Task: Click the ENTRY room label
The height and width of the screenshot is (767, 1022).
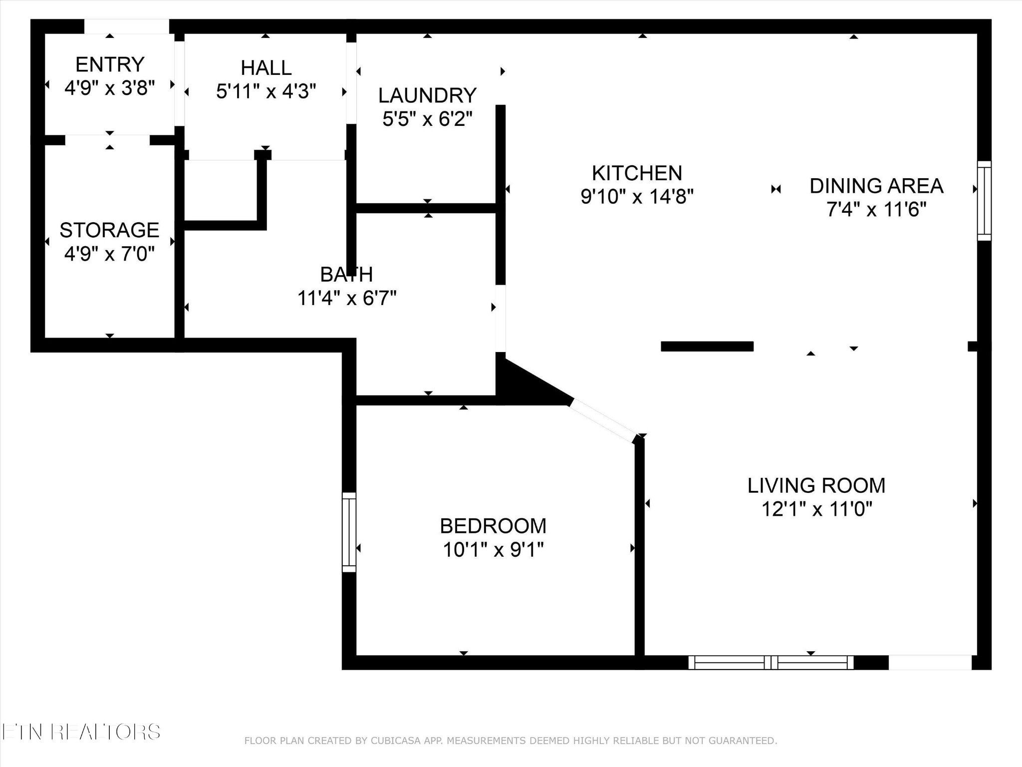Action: point(110,64)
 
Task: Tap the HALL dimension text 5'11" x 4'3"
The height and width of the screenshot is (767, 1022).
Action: point(266,91)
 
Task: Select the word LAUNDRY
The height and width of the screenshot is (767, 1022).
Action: point(427,95)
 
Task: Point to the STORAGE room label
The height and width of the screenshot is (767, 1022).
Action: point(109,230)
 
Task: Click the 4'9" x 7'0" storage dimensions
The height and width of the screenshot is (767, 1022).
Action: point(109,254)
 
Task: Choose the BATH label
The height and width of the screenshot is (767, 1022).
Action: point(346,274)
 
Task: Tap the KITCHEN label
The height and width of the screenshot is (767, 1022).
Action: point(637,173)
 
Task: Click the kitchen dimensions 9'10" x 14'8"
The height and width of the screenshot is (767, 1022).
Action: point(637,197)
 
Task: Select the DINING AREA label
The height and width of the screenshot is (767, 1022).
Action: point(876,186)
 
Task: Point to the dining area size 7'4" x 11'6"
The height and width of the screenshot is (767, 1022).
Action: point(876,210)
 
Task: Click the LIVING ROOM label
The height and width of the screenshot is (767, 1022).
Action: point(816,485)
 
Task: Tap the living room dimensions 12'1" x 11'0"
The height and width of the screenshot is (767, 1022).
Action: point(816,509)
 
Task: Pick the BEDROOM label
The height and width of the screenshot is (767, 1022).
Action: point(493,526)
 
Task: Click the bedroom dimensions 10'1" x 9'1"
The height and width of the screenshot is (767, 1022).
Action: point(493,550)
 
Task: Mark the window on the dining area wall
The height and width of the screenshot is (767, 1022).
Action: point(984,201)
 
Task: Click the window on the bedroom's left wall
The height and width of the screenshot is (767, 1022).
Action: point(349,532)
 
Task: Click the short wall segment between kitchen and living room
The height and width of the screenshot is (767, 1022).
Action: point(707,346)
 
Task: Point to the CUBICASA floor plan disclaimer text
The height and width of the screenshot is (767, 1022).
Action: point(511,740)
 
